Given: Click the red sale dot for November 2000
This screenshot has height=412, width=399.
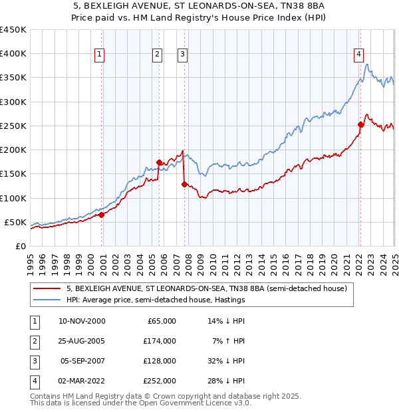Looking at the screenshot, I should (x=102, y=215).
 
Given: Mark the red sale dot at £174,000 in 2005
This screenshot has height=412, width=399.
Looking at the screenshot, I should (x=159, y=162).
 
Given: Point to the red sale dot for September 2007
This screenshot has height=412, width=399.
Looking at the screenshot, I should (x=184, y=184).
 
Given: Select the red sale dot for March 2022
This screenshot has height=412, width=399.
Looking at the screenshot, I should (x=360, y=124).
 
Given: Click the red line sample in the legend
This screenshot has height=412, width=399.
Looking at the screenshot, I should (x=47, y=289).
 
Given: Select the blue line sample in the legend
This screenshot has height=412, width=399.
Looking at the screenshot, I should (x=47, y=300).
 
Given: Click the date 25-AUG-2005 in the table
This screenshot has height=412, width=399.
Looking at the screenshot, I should (x=82, y=341).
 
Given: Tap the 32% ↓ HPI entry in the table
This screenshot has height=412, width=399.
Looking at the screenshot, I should (x=225, y=361).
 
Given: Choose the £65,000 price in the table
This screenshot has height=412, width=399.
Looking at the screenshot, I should (x=160, y=321).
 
